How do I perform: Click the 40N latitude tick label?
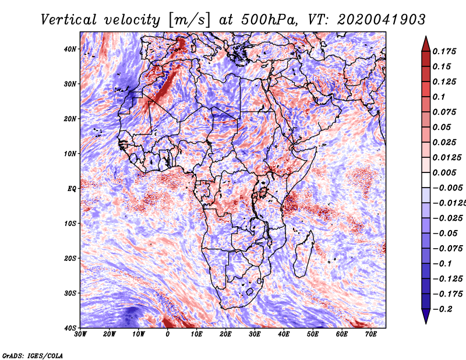pos(70,49)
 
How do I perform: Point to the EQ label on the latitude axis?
pos(72,189)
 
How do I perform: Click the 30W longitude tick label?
pos(80,334)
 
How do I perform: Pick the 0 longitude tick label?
pos(168,334)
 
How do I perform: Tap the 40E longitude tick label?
pos(284,334)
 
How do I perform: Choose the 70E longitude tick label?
pos(371,334)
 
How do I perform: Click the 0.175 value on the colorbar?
pos(444,51)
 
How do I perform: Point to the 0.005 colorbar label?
pos(444,172)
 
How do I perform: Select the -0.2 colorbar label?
pos(443,309)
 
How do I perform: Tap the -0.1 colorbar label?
pos(443,264)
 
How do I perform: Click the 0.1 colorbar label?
pos(439,97)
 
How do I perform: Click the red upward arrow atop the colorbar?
pos(426,45)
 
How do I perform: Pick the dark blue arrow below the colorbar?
pos(426,316)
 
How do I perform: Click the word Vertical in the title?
pos(68,20)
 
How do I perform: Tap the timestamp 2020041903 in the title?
pos(382,20)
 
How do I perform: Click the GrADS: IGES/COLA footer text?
pos(33,356)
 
